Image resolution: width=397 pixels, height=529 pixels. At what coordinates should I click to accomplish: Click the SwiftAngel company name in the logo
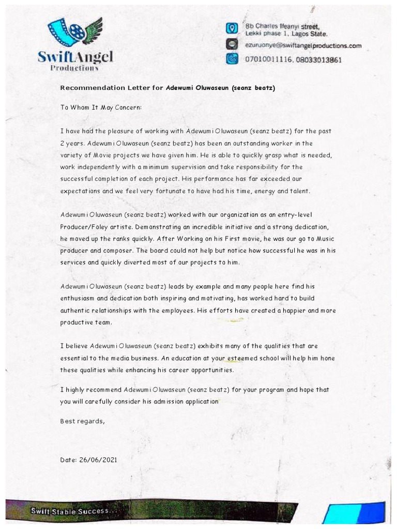point(75,56)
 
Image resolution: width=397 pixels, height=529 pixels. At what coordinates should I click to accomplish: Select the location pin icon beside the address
point(232,28)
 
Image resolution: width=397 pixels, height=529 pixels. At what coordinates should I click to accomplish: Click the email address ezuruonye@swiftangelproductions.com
point(303,45)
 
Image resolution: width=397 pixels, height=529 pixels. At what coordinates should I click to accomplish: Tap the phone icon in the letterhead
point(232,59)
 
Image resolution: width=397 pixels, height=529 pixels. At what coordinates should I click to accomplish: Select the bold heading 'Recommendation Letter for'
point(112,88)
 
